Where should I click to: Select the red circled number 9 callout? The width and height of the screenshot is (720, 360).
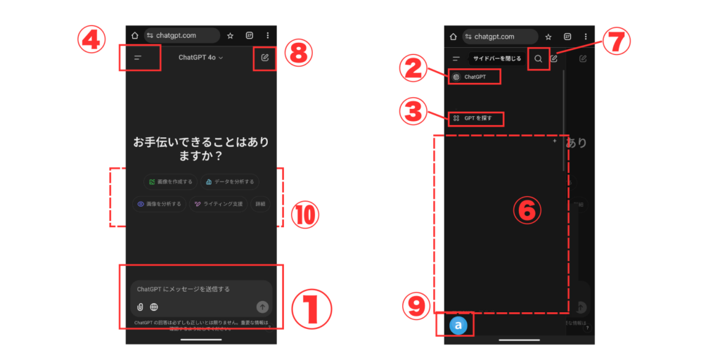point(416,305)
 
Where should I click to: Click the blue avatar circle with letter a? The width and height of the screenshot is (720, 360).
point(458,326)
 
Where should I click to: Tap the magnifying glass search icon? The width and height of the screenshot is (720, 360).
point(539,59)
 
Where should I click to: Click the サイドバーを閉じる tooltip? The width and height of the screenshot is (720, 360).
point(496,59)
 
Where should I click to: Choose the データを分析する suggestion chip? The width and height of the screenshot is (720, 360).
point(229,181)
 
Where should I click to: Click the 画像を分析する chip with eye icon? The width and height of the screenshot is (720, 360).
point(160,204)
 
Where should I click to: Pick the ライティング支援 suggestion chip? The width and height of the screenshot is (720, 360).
point(218,204)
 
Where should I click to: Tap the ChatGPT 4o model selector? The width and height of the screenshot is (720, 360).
point(200,58)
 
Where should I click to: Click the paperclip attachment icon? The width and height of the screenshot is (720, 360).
point(140,307)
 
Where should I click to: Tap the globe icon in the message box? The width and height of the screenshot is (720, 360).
point(154,307)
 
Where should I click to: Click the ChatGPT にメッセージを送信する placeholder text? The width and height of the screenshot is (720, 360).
point(184,289)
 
